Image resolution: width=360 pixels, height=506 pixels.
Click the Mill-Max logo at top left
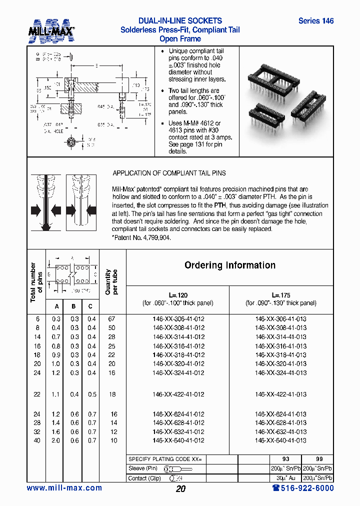click(50, 29)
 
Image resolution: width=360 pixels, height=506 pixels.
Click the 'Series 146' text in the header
click(315, 21)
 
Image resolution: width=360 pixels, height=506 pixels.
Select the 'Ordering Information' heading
click(229, 265)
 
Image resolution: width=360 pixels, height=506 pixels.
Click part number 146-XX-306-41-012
click(178, 319)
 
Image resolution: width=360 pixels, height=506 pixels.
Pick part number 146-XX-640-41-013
click(280, 440)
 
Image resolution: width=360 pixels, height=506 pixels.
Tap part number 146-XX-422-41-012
click(178, 394)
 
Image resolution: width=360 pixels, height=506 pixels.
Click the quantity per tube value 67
click(112, 319)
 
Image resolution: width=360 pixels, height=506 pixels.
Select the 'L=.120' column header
click(178, 295)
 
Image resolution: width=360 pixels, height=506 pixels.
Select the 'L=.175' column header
click(280, 295)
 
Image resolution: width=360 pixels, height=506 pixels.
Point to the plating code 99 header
click(319, 459)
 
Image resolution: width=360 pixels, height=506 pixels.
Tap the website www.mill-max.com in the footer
click(64, 488)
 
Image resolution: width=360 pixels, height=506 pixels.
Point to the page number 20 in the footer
click(180, 489)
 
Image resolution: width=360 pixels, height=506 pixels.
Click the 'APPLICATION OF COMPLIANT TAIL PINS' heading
click(169, 173)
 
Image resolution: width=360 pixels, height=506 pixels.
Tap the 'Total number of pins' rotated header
click(36, 282)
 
